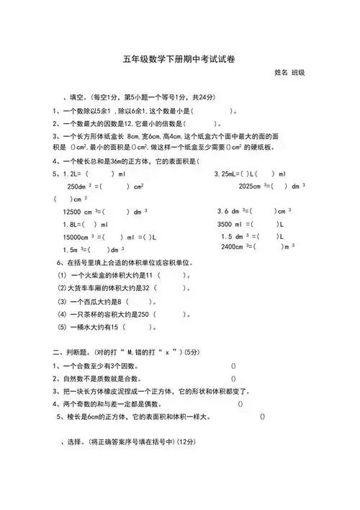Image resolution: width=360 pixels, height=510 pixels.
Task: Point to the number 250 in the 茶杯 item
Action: click(141, 315)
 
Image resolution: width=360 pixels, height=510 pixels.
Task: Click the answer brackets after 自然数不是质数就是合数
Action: click(233, 378)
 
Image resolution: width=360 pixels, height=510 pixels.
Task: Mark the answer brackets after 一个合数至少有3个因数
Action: click(233, 366)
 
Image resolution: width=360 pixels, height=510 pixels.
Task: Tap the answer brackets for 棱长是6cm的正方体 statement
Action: click(262, 416)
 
